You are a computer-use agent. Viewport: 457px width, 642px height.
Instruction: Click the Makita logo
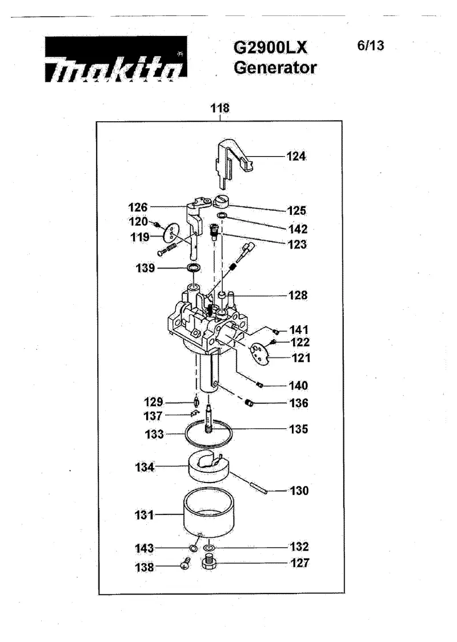(116, 59)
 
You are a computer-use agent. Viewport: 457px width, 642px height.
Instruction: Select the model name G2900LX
(270, 47)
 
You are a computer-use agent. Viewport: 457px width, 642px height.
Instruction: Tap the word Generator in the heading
(275, 67)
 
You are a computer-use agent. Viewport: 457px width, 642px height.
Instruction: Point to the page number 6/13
(371, 45)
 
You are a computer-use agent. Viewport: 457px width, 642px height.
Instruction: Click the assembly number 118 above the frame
(220, 108)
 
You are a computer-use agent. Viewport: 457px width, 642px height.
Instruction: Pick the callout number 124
(296, 156)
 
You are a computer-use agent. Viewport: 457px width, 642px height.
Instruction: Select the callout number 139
(145, 268)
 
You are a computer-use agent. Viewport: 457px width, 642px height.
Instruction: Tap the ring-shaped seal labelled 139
(194, 268)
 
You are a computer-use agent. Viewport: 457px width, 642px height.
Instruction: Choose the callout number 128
(298, 295)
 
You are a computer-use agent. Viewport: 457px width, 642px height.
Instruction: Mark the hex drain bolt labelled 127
(210, 562)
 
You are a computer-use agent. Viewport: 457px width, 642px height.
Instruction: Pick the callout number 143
(145, 548)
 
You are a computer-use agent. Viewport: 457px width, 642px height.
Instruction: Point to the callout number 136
(299, 403)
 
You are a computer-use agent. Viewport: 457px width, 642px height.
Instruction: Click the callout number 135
(298, 429)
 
